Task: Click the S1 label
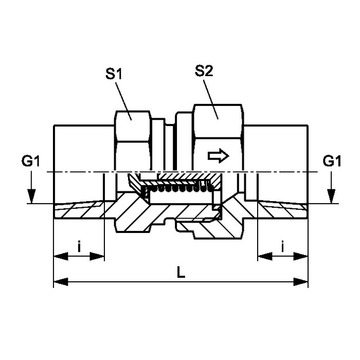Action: [x=114, y=74]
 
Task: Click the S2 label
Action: [x=204, y=71]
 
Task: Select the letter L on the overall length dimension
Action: [x=181, y=273]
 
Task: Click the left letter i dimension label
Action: [x=79, y=247]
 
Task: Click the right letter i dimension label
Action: [x=283, y=247]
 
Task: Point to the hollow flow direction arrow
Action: [x=219, y=156]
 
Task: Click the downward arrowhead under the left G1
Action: [x=31, y=196]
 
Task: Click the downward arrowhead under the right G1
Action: [x=331, y=196]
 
